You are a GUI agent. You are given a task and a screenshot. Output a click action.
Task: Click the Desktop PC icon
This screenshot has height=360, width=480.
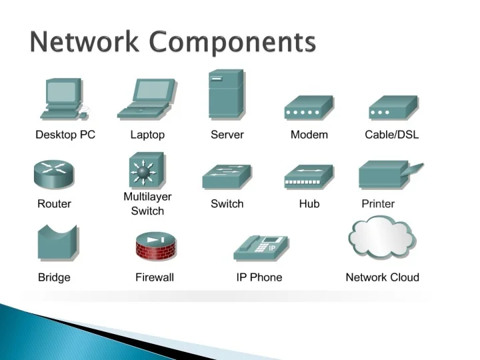(64, 99)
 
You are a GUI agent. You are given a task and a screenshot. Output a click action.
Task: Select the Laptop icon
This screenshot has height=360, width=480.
(147, 99)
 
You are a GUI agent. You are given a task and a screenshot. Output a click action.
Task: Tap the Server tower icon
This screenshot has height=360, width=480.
(227, 94)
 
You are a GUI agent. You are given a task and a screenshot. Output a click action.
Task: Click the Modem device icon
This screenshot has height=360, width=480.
(309, 108)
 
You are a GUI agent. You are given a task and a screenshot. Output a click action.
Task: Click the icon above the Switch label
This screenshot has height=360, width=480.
(227, 177)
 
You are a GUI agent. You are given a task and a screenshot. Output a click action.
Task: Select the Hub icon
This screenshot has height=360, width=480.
(309, 177)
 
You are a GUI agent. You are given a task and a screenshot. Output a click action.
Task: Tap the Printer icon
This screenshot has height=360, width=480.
(389, 175)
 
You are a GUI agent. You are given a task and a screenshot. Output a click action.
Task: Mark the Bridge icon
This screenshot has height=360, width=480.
(57, 243)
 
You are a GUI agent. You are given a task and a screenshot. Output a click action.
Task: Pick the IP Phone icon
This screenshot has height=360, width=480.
(261, 247)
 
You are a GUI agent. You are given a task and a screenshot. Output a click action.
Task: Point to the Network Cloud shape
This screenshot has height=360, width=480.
(381, 239)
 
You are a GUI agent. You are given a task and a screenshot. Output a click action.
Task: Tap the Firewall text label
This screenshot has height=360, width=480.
(155, 277)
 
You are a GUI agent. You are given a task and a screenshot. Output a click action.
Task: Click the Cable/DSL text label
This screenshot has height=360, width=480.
(392, 135)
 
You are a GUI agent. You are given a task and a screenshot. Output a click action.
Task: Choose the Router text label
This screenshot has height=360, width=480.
(54, 204)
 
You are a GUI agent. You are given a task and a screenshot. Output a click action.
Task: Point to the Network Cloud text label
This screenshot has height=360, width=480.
(382, 277)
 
